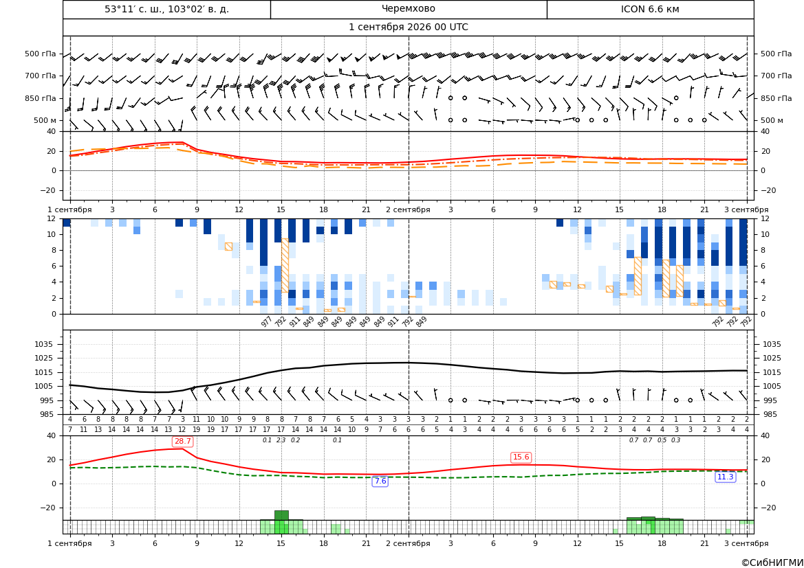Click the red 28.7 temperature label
(x=182, y=441)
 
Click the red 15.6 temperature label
(x=521, y=457)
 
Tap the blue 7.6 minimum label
(x=380, y=481)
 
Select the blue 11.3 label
(x=725, y=477)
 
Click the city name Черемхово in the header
(x=408, y=9)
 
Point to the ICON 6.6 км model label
(x=650, y=9)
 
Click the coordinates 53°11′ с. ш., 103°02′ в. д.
(x=166, y=9)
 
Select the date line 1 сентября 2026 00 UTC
(x=408, y=27)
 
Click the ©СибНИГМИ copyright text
(x=772, y=563)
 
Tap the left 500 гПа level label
(x=41, y=54)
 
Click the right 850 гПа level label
(x=776, y=98)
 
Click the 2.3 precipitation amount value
(x=281, y=440)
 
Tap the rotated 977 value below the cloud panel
(x=266, y=321)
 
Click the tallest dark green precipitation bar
(x=281, y=515)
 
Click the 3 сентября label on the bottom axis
(x=746, y=543)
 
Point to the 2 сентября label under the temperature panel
(x=408, y=209)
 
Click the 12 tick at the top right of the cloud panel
(x=765, y=218)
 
